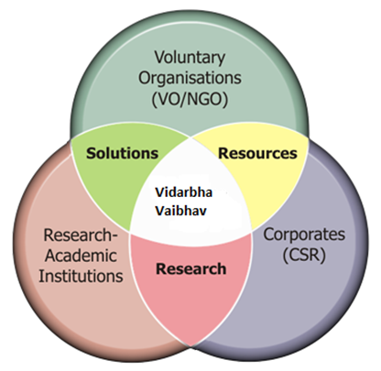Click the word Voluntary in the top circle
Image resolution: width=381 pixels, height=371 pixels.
pyautogui.click(x=190, y=58)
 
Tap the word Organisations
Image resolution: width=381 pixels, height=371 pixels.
pyautogui.click(x=190, y=78)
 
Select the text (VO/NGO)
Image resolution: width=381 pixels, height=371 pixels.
pyautogui.click(x=190, y=99)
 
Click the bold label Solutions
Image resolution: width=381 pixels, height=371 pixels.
pyautogui.click(x=122, y=153)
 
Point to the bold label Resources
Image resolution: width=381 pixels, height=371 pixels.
pyautogui.click(x=257, y=153)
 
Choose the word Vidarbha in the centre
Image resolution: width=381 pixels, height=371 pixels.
pyautogui.click(x=184, y=192)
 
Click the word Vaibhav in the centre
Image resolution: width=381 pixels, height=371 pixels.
pyautogui.click(x=181, y=211)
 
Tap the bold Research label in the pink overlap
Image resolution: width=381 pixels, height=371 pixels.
pyautogui.click(x=191, y=268)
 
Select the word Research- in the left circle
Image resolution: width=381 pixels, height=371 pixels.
pyautogui.click(x=81, y=235)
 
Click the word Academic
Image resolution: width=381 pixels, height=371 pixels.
pyautogui.click(x=81, y=256)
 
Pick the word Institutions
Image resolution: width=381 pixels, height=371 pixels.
pyautogui.click(x=81, y=276)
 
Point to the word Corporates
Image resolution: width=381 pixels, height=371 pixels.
pyautogui.click(x=304, y=235)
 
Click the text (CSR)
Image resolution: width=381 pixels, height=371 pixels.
pyautogui.click(x=304, y=256)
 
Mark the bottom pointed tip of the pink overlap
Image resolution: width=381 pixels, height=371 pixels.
pyautogui.click(x=191, y=347)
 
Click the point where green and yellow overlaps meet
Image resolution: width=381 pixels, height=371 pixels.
pyautogui.click(x=191, y=137)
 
